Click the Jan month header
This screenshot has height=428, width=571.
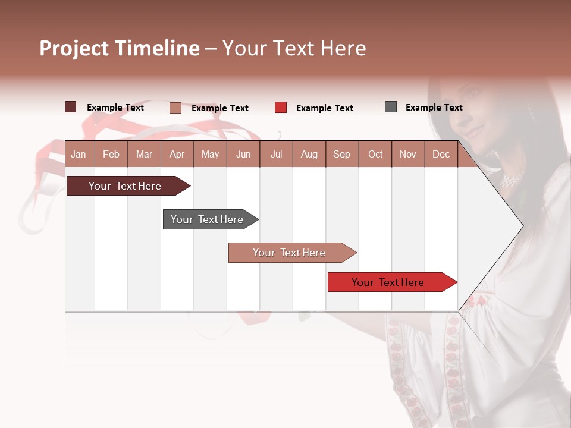(x=79, y=155)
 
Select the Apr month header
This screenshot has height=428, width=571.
(x=177, y=155)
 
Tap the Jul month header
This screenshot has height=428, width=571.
(x=276, y=155)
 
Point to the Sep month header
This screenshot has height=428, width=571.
(x=341, y=155)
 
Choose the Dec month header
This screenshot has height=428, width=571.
(x=441, y=155)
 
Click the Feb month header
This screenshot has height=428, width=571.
(x=111, y=155)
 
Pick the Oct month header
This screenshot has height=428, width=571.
(x=375, y=155)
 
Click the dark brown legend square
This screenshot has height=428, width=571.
(x=70, y=107)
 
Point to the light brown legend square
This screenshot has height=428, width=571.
(x=175, y=108)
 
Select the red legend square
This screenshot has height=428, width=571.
(x=281, y=108)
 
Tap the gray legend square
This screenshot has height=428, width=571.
(x=391, y=107)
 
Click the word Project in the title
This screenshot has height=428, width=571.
(x=74, y=48)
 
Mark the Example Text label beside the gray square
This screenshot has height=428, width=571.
(x=434, y=108)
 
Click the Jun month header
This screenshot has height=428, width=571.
(x=243, y=155)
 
